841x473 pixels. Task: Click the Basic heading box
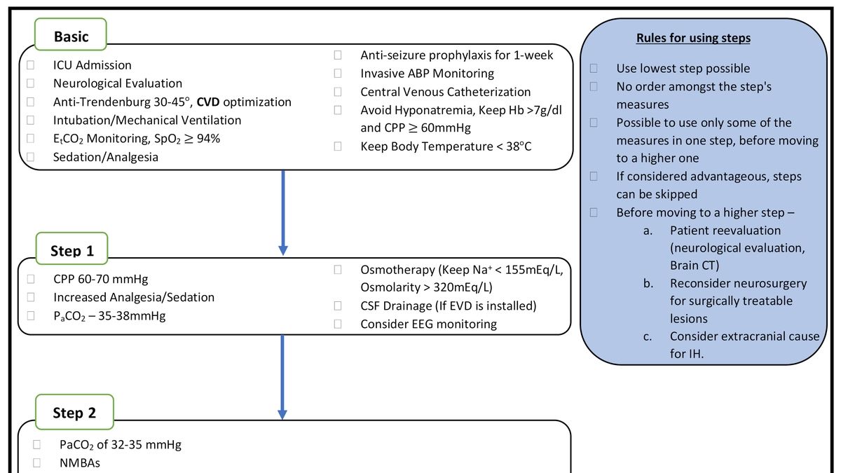[x=71, y=36]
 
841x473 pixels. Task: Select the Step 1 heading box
[x=71, y=250]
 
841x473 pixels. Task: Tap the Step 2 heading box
[x=74, y=413]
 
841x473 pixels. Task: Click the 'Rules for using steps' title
[x=692, y=38]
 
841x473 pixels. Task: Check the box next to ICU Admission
[x=31, y=65]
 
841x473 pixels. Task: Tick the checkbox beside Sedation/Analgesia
[x=31, y=157]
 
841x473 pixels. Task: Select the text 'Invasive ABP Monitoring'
[x=427, y=74]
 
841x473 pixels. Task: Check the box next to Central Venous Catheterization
[x=338, y=92]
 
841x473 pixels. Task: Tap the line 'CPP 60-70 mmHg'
[x=100, y=279]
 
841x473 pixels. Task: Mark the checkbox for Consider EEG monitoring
[x=338, y=324]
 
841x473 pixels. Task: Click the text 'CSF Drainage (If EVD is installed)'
[x=448, y=306]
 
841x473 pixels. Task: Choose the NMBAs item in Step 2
[x=79, y=462]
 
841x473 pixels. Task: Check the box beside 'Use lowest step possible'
[x=594, y=69]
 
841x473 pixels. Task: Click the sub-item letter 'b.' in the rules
[x=648, y=284]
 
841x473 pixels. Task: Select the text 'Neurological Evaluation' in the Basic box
[x=117, y=83]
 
